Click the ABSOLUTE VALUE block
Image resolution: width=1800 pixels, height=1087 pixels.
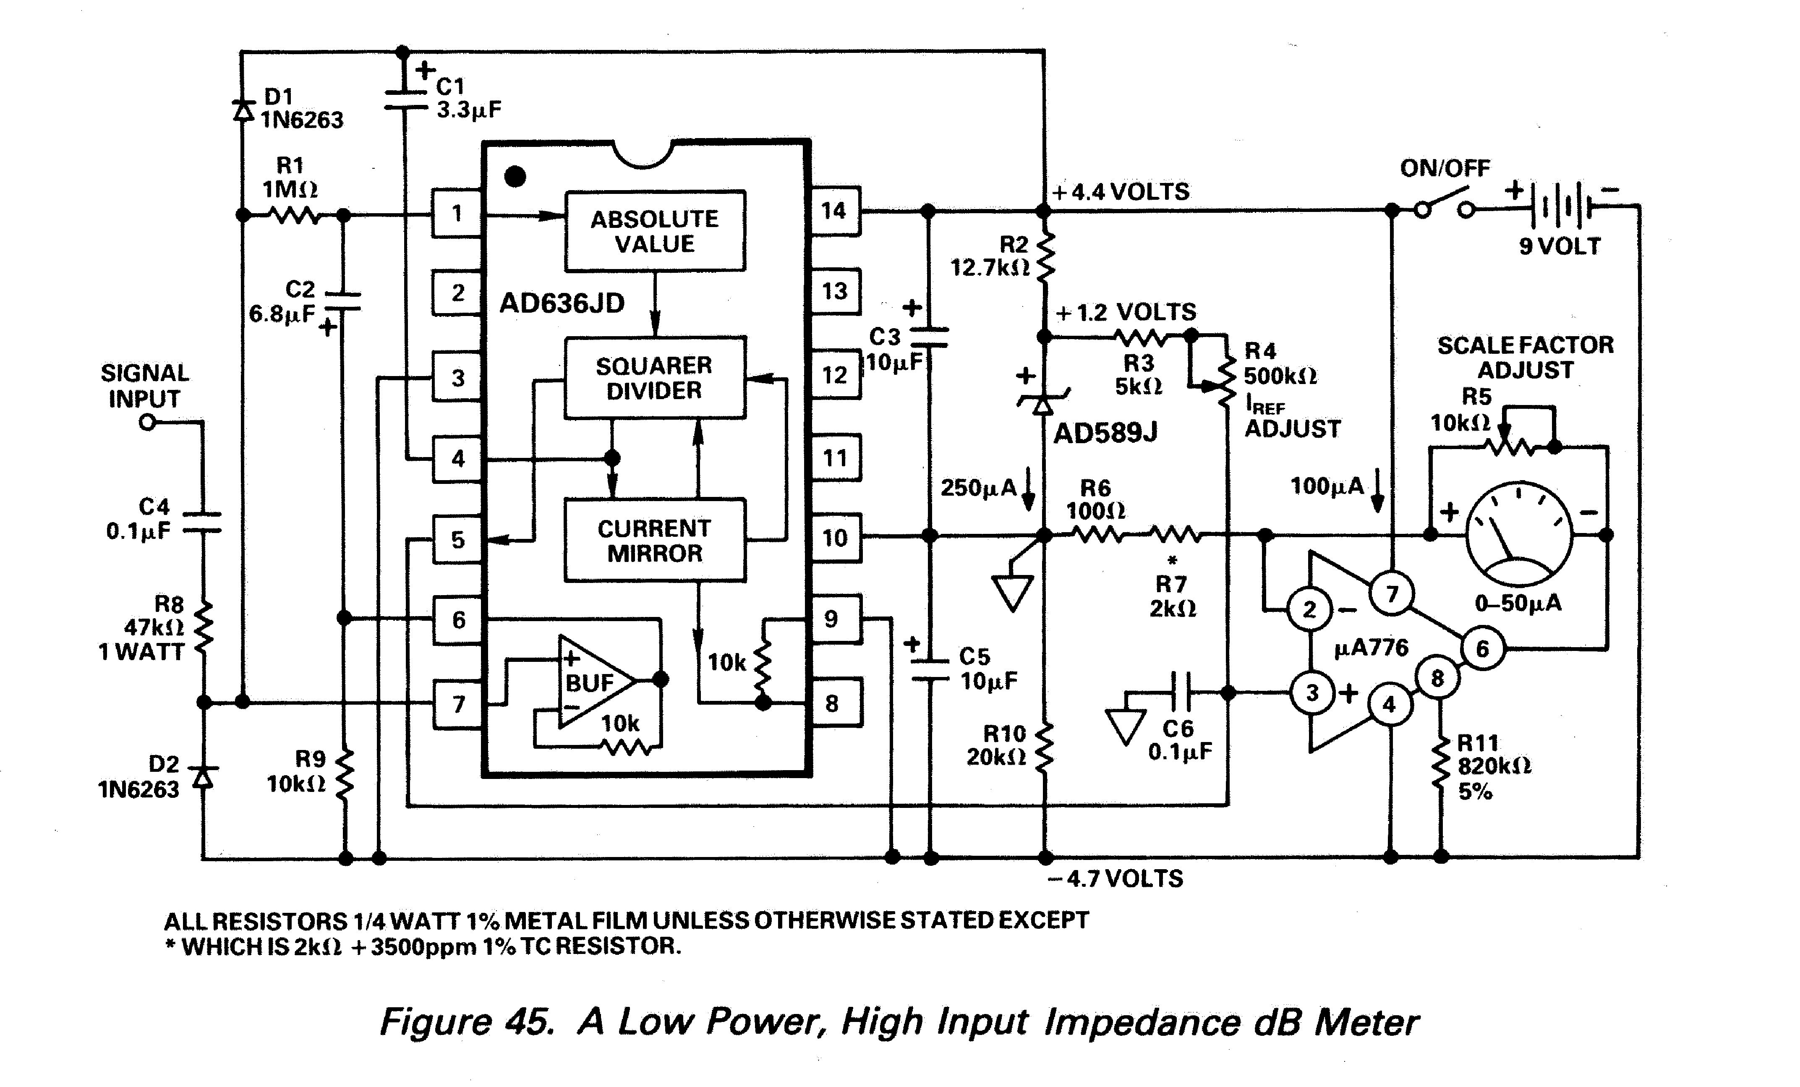(x=655, y=231)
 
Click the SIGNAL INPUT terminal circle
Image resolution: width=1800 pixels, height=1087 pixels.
(x=148, y=422)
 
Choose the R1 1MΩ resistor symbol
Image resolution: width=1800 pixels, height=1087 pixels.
(x=294, y=215)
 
